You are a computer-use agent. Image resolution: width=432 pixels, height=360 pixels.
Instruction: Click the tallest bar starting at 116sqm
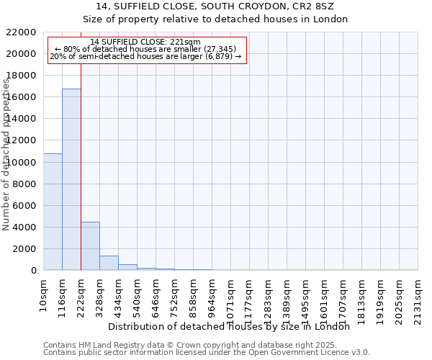71,179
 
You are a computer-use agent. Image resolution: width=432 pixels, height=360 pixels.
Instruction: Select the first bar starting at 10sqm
53,212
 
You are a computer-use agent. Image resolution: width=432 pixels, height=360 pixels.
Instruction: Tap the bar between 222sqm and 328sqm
90,246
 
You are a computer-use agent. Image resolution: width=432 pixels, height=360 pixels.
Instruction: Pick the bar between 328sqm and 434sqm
109,263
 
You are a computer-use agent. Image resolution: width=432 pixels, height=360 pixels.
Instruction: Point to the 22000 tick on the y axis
21,32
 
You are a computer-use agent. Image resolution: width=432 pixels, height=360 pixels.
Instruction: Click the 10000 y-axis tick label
21,162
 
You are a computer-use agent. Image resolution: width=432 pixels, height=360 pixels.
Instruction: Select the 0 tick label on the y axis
33,271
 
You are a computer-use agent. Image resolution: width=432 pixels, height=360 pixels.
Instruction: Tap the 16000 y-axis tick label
21,97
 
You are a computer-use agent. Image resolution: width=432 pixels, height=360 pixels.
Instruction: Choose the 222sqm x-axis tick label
81,294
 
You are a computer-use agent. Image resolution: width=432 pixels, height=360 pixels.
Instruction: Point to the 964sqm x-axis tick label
212,294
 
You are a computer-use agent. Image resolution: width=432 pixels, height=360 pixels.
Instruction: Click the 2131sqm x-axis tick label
418,297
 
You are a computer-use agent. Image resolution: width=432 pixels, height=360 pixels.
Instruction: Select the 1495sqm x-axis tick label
305,297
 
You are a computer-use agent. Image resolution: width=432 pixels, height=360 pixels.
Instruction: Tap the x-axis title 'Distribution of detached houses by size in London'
234,326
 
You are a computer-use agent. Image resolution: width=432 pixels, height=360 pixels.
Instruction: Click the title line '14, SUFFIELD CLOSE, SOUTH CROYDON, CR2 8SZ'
216,6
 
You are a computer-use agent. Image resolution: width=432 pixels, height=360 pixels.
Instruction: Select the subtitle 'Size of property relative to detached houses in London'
216,19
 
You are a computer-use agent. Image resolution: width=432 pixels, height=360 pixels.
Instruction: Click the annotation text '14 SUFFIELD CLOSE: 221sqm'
146,42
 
